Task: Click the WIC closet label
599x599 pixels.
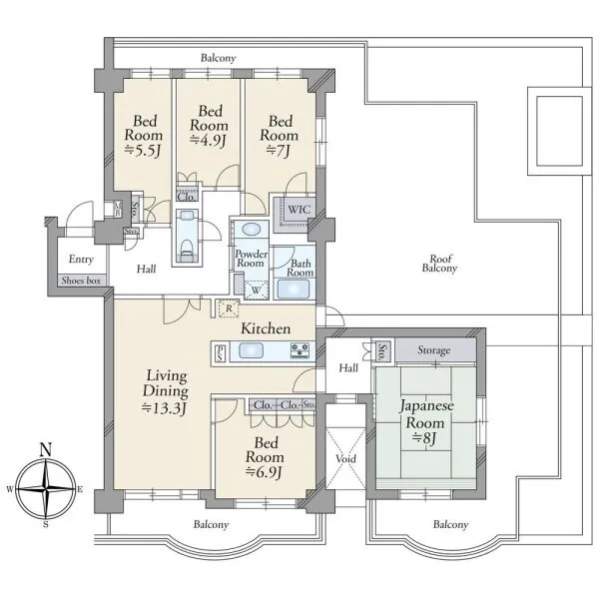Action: tap(299, 210)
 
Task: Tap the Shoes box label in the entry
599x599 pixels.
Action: tap(81, 281)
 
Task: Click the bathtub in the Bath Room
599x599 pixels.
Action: tap(293, 289)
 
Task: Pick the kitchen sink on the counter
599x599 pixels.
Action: tap(251, 350)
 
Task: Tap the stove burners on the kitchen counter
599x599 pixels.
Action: tap(299, 350)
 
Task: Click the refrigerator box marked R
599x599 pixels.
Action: tap(229, 308)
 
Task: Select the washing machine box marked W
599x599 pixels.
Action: tap(256, 290)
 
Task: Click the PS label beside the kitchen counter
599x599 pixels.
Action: tap(221, 353)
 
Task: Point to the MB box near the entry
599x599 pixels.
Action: tap(117, 210)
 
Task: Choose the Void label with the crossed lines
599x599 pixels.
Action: tap(345, 458)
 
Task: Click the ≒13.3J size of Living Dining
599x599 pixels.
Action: tap(165, 408)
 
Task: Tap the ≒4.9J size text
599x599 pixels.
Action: tap(209, 140)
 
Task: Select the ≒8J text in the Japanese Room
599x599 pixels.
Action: tap(424, 438)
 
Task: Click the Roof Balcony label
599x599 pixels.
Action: tap(439, 264)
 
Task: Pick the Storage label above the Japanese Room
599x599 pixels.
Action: tap(433, 350)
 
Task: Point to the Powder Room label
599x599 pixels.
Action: tap(251, 259)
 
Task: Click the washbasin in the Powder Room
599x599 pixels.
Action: tap(252, 230)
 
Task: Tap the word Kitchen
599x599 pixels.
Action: tap(266, 328)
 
